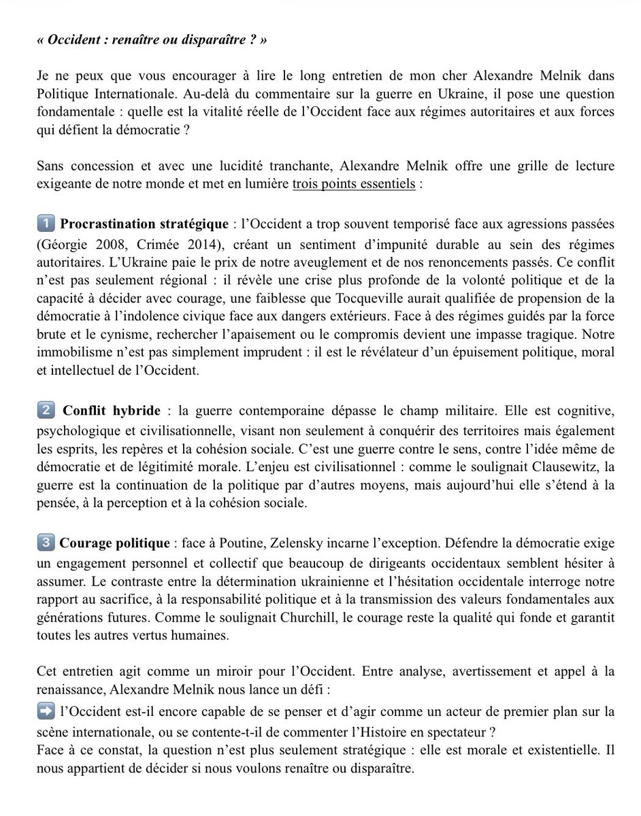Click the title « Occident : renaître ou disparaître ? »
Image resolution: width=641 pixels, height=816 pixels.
[x=152, y=40]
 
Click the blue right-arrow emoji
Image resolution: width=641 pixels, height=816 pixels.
[x=46, y=710]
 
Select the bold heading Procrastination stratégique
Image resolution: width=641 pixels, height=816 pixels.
[x=143, y=223]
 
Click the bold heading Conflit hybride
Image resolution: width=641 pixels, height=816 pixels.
[x=112, y=411]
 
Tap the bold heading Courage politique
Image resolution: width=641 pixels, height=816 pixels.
[x=115, y=543]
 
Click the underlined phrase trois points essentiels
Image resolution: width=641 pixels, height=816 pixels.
[x=354, y=185]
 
